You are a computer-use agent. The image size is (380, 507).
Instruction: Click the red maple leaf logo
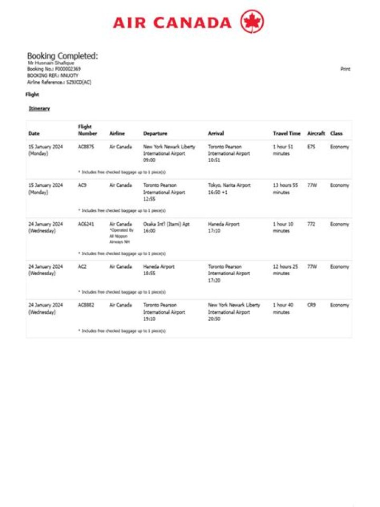(252, 22)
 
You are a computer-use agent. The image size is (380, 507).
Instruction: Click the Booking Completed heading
(62, 56)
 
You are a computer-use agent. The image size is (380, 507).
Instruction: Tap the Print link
(345, 69)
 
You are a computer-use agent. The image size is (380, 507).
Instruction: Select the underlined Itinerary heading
(40, 108)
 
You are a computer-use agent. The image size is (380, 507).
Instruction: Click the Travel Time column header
(287, 134)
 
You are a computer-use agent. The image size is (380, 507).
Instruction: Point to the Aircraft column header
(316, 134)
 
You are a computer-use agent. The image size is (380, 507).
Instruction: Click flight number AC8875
(86, 147)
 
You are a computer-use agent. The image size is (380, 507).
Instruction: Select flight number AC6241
(86, 224)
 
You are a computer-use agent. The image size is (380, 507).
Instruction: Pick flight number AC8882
(86, 305)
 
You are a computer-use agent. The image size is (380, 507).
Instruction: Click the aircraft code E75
(311, 147)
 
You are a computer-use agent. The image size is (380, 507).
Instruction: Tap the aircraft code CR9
(311, 305)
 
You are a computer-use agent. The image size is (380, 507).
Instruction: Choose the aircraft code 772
(311, 224)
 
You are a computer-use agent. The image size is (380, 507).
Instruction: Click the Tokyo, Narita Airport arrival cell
(230, 185)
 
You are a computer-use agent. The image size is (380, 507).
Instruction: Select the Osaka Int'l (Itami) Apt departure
(166, 224)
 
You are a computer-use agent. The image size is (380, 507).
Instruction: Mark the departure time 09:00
(149, 160)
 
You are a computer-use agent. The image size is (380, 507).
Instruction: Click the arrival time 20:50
(214, 319)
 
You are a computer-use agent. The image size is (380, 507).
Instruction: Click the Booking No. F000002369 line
(54, 69)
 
